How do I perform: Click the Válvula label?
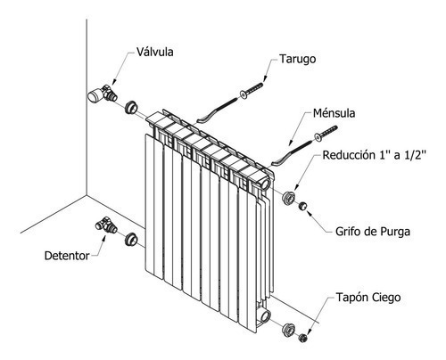(x=155, y=52)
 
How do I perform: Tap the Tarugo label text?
(x=297, y=59)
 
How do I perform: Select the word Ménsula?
(x=334, y=113)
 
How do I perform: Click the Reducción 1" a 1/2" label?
(x=375, y=155)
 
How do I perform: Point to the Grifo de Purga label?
(x=373, y=232)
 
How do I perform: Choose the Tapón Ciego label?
(x=368, y=297)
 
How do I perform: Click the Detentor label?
(x=67, y=256)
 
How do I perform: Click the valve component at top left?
(x=103, y=94)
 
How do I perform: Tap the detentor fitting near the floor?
(x=106, y=225)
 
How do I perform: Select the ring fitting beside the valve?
(x=131, y=107)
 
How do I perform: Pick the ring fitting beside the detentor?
(x=131, y=240)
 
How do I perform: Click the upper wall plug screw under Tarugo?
(x=252, y=90)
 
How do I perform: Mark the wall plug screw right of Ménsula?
(x=326, y=133)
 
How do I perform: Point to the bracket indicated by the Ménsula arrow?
(x=291, y=153)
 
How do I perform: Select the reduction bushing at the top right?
(x=288, y=198)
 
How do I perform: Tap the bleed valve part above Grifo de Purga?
(x=302, y=206)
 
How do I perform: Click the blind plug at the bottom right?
(x=303, y=338)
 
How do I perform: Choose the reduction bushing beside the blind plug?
(x=288, y=330)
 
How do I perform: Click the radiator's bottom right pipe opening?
(x=265, y=316)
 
